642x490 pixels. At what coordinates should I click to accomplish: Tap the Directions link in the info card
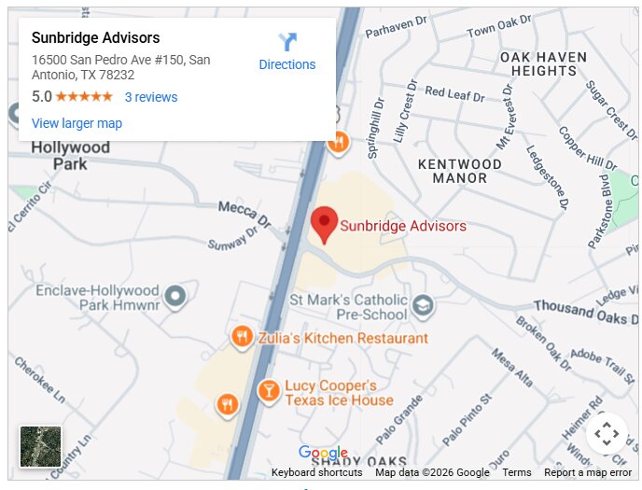coord(286,64)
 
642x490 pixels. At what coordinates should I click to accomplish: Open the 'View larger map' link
coord(77,123)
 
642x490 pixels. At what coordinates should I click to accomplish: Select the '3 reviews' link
coord(150,97)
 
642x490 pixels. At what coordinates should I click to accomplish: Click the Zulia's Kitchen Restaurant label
coord(342,338)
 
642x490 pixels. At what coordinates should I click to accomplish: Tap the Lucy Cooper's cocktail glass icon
coord(269,391)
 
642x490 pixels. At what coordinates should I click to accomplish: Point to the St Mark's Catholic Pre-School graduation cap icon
coord(424,305)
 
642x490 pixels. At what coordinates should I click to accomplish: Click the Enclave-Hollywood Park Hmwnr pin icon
coord(174,298)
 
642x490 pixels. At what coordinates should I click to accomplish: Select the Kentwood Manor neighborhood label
coord(459,171)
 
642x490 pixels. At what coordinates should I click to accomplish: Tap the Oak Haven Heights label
coord(544,63)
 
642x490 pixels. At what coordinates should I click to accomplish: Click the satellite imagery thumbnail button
coord(41,446)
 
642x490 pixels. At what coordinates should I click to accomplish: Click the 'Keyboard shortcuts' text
coord(316,472)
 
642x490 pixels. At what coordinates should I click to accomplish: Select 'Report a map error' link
coord(588,472)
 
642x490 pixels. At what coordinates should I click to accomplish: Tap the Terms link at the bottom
coord(516,472)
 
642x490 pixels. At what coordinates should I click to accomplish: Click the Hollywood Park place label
coord(70,156)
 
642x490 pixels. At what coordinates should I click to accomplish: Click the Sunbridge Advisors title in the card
coord(95,38)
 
